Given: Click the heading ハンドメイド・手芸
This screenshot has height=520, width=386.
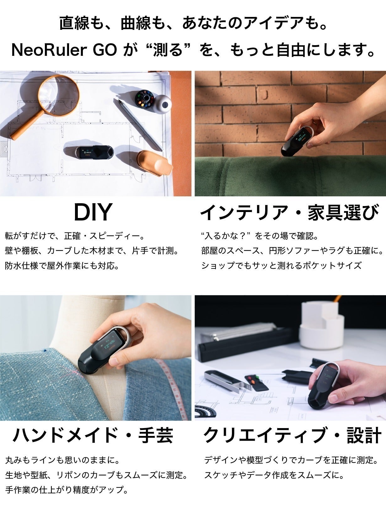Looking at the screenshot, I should [x=93, y=435].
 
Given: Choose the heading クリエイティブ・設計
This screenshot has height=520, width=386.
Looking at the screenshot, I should [x=292, y=435].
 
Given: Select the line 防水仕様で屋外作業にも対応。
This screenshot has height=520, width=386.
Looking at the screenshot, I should [x=62, y=266].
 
